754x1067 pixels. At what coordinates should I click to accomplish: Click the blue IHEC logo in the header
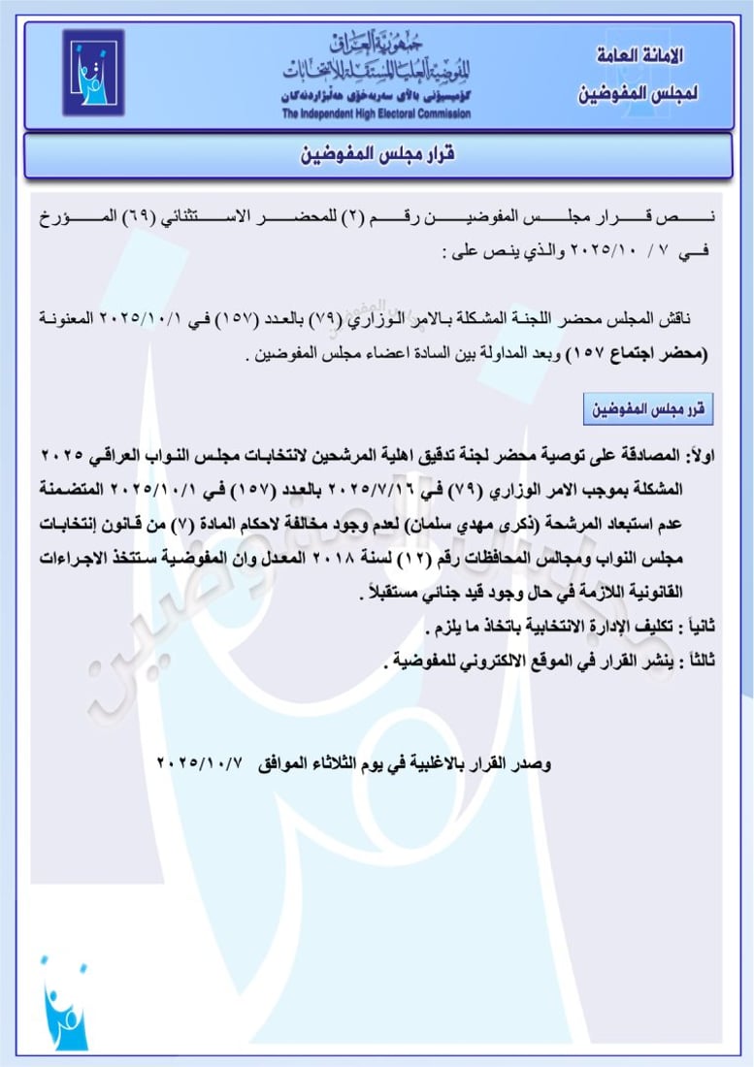93,73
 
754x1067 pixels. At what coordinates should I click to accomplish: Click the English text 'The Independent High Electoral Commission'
377,113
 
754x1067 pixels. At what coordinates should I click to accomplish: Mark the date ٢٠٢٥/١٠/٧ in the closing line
196,764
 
